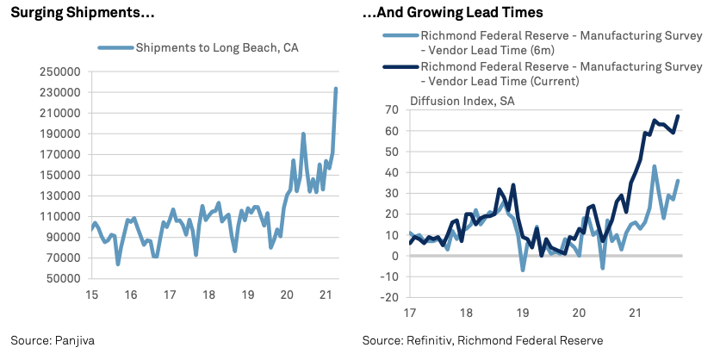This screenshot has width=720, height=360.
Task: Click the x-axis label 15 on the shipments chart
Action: pyautogui.click(x=90, y=295)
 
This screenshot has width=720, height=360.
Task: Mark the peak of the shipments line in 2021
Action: pyautogui.click(x=336, y=89)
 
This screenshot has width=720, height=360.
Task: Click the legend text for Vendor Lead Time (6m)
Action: pyautogui.click(x=560, y=43)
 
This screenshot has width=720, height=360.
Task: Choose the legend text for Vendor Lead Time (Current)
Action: pyautogui.click(x=560, y=73)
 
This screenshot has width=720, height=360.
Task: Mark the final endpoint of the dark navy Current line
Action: pyautogui.click(x=678, y=116)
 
